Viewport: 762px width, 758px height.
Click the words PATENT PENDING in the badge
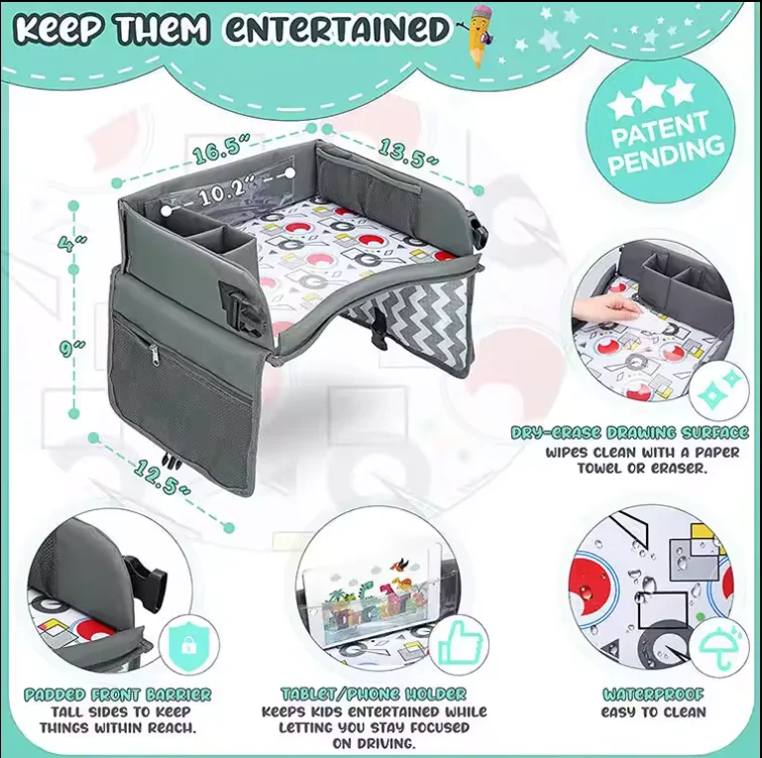pyautogui.click(x=666, y=140)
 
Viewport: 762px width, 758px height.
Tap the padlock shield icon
pyautogui.click(x=186, y=643)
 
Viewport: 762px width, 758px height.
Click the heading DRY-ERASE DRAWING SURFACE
pyautogui.click(x=629, y=433)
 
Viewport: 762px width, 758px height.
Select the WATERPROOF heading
pyautogui.click(x=654, y=695)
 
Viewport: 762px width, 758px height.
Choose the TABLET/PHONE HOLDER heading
pyautogui.click(x=374, y=695)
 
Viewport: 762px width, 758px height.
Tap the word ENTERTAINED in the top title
pyautogui.click(x=336, y=29)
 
